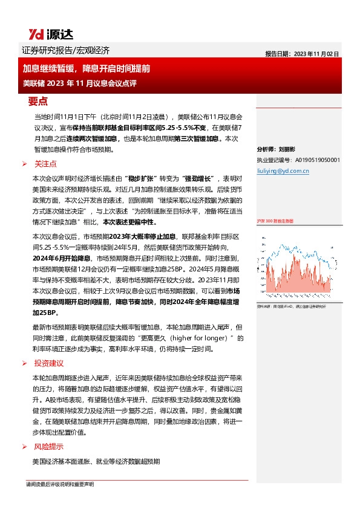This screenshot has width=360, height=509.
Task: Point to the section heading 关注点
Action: pos(45,163)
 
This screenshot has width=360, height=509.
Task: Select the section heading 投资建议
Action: pos(49,363)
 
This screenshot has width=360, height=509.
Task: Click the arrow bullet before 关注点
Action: pos(24,164)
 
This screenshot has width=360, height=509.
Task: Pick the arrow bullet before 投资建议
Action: pos(24,364)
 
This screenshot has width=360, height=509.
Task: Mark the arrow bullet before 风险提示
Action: pos(24,447)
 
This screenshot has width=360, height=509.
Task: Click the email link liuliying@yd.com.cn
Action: pos(283,171)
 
